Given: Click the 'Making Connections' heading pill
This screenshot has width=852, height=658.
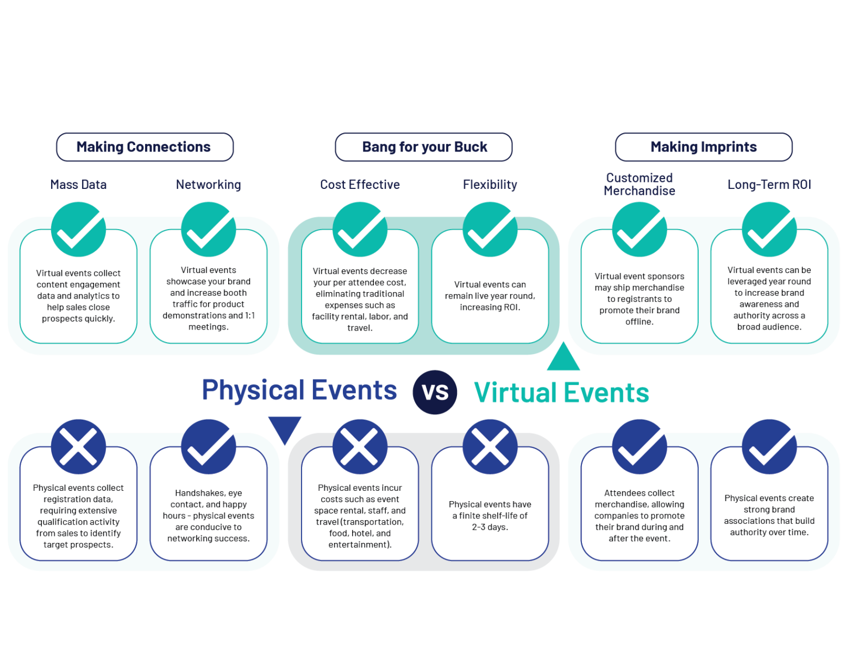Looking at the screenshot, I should click(x=145, y=147).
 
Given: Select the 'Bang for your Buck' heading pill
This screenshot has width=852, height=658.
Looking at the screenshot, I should click(x=424, y=147).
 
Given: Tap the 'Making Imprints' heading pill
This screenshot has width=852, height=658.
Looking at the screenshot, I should click(x=704, y=147).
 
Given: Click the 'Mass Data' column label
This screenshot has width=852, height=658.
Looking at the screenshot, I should click(x=78, y=185).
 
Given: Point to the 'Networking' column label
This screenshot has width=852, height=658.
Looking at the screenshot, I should click(x=208, y=185).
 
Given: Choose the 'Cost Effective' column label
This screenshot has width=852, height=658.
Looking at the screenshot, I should click(x=360, y=185).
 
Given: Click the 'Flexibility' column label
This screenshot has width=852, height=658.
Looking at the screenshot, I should click(x=490, y=185).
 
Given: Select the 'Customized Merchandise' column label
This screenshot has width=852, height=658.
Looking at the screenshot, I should click(x=640, y=185).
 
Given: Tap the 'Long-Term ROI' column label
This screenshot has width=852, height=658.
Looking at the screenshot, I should click(x=769, y=185).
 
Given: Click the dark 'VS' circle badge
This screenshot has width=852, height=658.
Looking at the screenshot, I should click(x=435, y=392).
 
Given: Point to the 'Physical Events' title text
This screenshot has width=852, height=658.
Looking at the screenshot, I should click(x=299, y=390).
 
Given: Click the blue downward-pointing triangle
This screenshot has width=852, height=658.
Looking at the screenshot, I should click(x=284, y=428).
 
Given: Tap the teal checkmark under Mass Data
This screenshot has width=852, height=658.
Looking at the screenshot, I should click(x=78, y=229).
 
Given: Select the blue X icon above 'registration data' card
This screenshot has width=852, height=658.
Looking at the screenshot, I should click(x=78, y=446).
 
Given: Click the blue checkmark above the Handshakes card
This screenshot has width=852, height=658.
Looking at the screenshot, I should click(x=209, y=446).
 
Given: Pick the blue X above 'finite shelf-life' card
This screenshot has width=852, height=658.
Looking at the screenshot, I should click(x=490, y=446).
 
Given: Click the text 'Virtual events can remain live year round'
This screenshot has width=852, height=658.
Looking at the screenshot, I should click(x=490, y=295).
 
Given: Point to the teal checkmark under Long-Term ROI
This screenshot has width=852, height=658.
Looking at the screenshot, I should click(x=769, y=229).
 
